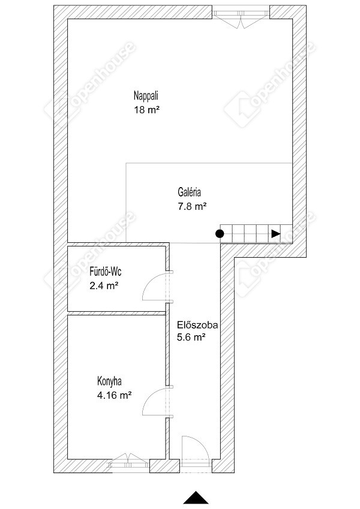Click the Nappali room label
[146, 96]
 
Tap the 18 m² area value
[147, 110]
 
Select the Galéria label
[189, 192]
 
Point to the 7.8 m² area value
[192, 206]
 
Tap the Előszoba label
[197, 325]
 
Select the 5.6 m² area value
[191, 338]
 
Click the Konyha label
[109, 381]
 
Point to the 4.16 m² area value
[115, 395]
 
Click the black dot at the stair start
[220, 233]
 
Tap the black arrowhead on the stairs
[276, 233]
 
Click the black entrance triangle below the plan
[196, 497]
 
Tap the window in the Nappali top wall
[241, 16]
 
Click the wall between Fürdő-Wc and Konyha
[116, 314]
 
